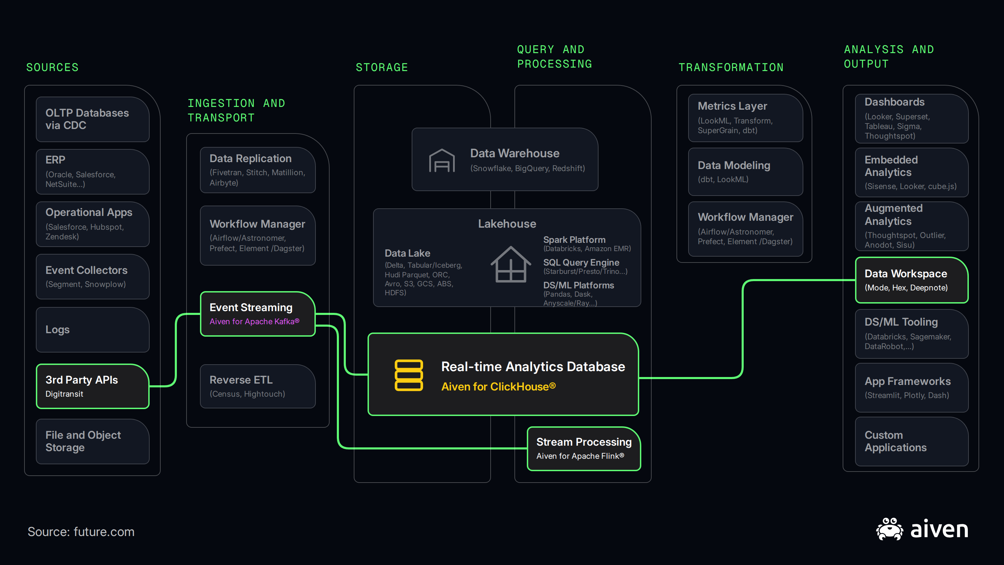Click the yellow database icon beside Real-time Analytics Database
pyautogui.click(x=409, y=375)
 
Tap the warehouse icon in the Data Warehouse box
pyautogui.click(x=442, y=160)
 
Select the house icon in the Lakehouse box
pyautogui.click(x=511, y=264)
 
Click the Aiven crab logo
pyautogui.click(x=890, y=529)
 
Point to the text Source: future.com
pyautogui.click(x=81, y=532)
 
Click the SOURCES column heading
pyautogui.click(x=52, y=68)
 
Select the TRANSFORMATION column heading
pyautogui.click(x=731, y=68)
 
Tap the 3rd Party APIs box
pyautogui.click(x=93, y=386)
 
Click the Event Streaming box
pyautogui.click(x=258, y=314)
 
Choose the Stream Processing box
pyautogui.click(x=584, y=449)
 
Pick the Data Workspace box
pyautogui.click(x=912, y=280)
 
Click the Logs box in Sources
pyautogui.click(x=93, y=330)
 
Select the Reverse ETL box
pyautogui.click(x=258, y=386)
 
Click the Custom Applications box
pyautogui.click(x=912, y=442)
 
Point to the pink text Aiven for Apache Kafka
pyautogui.click(x=254, y=321)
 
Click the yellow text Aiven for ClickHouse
pyautogui.click(x=499, y=386)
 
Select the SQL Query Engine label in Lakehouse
pyautogui.click(x=581, y=262)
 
